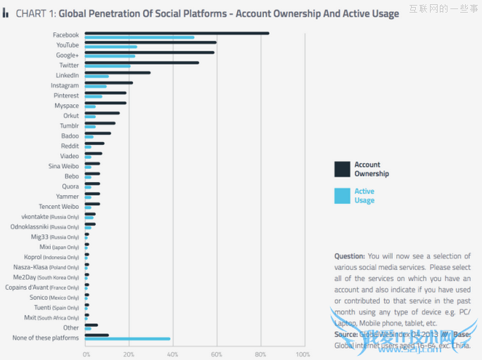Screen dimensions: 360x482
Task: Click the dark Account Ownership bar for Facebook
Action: click(x=176, y=33)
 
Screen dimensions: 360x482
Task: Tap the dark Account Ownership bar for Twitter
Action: click(x=141, y=63)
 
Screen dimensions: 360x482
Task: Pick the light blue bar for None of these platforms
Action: click(x=127, y=339)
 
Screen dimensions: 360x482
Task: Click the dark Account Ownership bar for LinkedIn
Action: click(x=118, y=72)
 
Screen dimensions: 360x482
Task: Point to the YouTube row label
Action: click(x=68, y=45)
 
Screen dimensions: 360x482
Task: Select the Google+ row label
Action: click(x=68, y=55)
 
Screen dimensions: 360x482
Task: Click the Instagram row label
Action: click(x=65, y=86)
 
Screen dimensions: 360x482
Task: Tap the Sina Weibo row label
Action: click(x=63, y=166)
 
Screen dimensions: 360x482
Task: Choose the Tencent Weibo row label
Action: click(x=59, y=207)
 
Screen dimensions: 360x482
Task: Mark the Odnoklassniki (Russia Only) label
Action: click(x=45, y=227)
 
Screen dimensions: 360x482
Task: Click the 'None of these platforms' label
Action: click(x=46, y=338)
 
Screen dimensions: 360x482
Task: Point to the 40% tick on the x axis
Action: click(x=173, y=354)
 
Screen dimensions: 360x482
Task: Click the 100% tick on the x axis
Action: click(x=303, y=354)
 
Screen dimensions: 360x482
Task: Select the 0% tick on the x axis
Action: click(x=87, y=354)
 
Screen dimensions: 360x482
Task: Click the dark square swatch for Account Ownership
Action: click(x=342, y=169)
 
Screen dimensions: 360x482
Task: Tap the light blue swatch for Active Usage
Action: click(x=342, y=195)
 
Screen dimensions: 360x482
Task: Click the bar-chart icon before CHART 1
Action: click(x=6, y=13)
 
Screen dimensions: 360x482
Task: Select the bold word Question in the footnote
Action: click(x=350, y=257)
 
